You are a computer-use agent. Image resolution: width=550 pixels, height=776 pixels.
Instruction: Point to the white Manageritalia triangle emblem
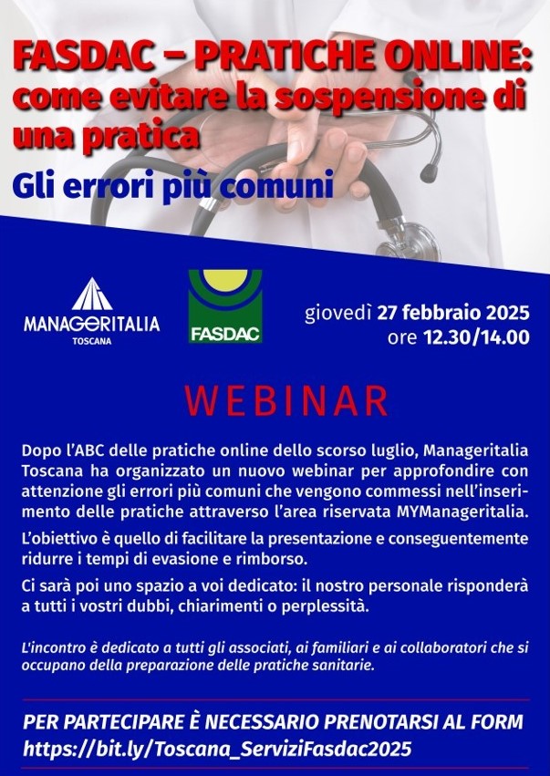click(x=91, y=295)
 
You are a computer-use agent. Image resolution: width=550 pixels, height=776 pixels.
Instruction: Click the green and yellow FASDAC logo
click(x=225, y=306)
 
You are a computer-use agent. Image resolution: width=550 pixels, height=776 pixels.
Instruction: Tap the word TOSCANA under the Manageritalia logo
click(x=91, y=342)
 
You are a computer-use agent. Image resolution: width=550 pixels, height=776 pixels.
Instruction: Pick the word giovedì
click(x=338, y=314)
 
